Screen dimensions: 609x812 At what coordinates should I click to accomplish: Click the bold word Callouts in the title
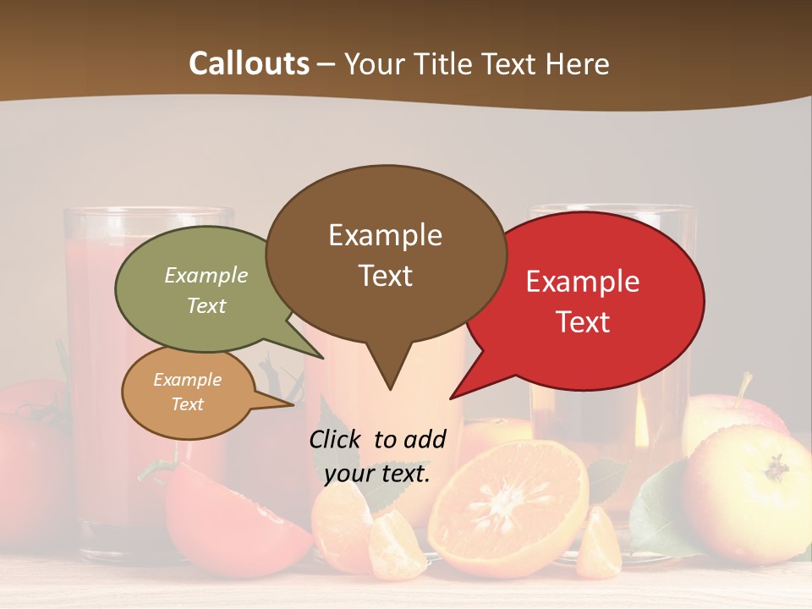(249, 64)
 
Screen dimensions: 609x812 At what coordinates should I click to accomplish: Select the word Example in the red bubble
(583, 282)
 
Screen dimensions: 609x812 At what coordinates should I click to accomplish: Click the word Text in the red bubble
(583, 322)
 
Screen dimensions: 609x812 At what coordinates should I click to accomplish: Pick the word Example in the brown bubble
(385, 235)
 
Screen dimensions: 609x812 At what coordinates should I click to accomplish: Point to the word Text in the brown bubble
(385, 276)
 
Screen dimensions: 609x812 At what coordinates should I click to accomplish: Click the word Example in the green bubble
(206, 276)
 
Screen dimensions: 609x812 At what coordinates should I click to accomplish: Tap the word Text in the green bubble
(206, 305)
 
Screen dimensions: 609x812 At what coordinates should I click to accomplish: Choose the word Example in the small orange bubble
(187, 380)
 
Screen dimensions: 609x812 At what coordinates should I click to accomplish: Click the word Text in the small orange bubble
(187, 404)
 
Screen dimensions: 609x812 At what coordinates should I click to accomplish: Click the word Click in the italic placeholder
(336, 439)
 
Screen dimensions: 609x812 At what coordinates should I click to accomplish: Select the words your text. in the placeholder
(377, 474)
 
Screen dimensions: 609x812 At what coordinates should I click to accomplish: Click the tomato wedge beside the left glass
(228, 516)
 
